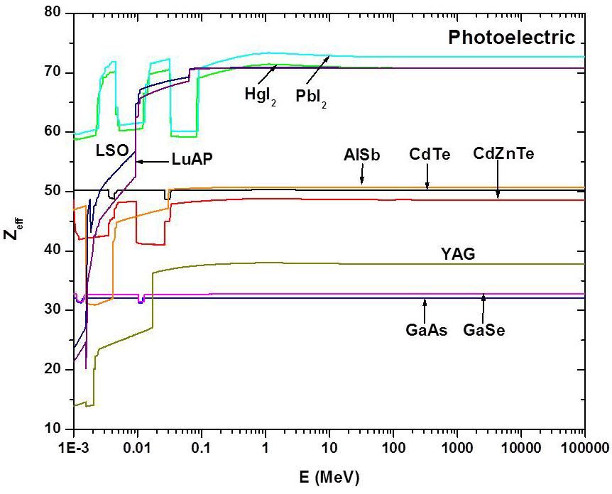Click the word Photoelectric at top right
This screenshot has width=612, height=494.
point(511,38)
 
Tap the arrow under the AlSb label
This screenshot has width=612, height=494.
point(362,175)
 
